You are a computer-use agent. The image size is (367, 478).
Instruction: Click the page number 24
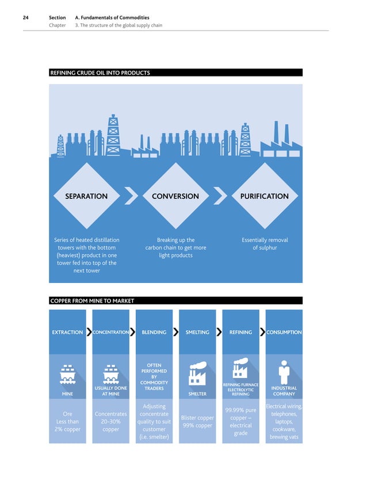click(26, 18)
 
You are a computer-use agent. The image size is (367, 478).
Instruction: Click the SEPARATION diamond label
click(86, 196)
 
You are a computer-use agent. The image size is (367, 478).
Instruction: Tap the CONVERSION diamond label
click(175, 196)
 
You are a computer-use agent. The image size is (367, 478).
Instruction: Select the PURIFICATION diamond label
click(264, 196)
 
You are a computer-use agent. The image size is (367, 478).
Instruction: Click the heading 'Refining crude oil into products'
click(101, 73)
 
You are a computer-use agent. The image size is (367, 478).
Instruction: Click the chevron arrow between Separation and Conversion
click(131, 196)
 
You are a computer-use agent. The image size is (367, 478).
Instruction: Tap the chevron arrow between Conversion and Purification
click(220, 196)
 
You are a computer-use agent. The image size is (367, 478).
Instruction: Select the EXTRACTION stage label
click(67, 332)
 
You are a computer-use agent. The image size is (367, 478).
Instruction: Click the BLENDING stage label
click(154, 332)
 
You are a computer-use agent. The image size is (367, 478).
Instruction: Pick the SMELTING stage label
click(197, 332)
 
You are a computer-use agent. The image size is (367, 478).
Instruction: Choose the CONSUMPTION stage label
click(284, 332)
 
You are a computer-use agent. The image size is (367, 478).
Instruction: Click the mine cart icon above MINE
click(67, 375)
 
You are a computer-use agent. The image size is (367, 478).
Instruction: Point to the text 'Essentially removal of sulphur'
click(265, 244)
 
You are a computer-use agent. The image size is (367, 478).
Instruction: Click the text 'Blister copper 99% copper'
click(197, 422)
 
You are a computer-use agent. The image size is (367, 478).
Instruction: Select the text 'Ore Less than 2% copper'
click(67, 422)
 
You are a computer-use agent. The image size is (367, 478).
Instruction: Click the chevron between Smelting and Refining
click(219, 332)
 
